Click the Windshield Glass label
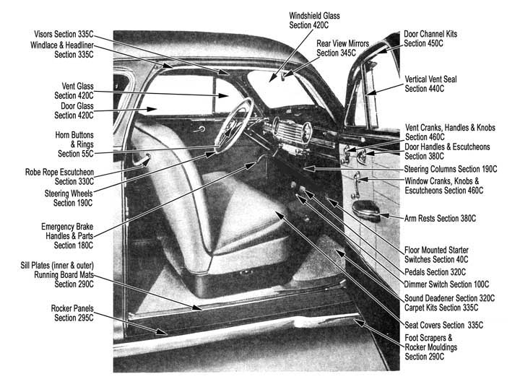coord(314,20)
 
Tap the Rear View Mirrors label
coord(342,48)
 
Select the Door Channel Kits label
coord(430,38)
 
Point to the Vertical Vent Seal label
coord(430,84)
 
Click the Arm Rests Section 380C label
coord(440,218)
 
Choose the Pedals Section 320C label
coord(435,272)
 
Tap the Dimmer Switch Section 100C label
coord(446,284)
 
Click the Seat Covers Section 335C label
coord(443,325)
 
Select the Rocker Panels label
coord(72,313)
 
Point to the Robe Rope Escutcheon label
coord(60,177)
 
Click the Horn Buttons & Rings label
coord(74,144)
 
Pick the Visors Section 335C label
coord(64,34)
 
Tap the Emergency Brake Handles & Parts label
coord(67,236)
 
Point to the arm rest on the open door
coord(365,209)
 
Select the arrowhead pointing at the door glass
coord(152,108)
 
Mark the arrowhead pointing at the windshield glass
coord(272,78)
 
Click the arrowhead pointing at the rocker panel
coord(162,331)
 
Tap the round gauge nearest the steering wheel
coord(275,126)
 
